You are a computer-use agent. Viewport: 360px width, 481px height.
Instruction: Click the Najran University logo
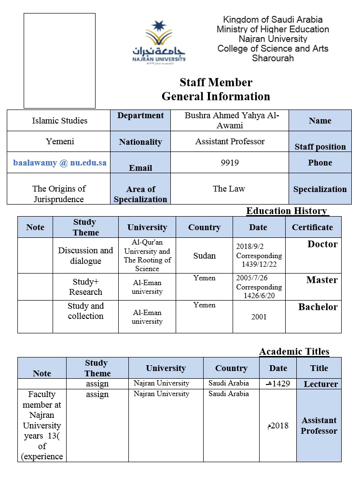[x=159, y=41]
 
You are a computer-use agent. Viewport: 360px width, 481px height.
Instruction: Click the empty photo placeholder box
[x=59, y=61]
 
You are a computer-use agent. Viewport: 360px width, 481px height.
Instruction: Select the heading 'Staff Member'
[x=216, y=82]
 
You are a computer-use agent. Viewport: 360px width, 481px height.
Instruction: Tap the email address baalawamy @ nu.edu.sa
[x=60, y=163]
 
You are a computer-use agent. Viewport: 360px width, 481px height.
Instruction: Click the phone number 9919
[x=229, y=163]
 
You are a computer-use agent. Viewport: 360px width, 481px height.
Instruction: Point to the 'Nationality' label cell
[x=140, y=142]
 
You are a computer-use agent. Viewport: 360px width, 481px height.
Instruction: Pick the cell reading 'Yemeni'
[x=60, y=141]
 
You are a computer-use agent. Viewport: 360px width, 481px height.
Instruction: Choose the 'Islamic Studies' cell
[x=60, y=121]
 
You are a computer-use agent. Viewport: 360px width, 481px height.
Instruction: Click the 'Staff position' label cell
[x=320, y=147]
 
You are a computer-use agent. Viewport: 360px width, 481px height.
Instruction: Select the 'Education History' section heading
[x=287, y=211]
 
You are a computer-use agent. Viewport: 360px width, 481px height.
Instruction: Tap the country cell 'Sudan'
[x=204, y=255]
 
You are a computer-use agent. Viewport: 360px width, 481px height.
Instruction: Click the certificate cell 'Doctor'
[x=322, y=244]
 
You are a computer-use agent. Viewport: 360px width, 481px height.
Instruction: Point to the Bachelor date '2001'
[x=259, y=317]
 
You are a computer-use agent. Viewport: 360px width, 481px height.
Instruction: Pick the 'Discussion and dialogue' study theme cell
[x=85, y=256]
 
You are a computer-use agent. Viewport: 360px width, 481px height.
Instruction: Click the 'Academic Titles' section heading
[x=294, y=351]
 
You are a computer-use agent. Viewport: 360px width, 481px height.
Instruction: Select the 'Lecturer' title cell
[x=320, y=384]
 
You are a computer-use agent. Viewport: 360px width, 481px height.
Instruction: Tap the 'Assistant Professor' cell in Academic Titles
[x=318, y=426]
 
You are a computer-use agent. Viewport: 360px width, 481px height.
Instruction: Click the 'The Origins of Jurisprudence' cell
[x=59, y=194]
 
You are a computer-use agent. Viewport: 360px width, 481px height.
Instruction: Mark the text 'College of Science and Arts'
[x=273, y=49]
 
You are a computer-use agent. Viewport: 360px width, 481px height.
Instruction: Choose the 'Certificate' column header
[x=312, y=227]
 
